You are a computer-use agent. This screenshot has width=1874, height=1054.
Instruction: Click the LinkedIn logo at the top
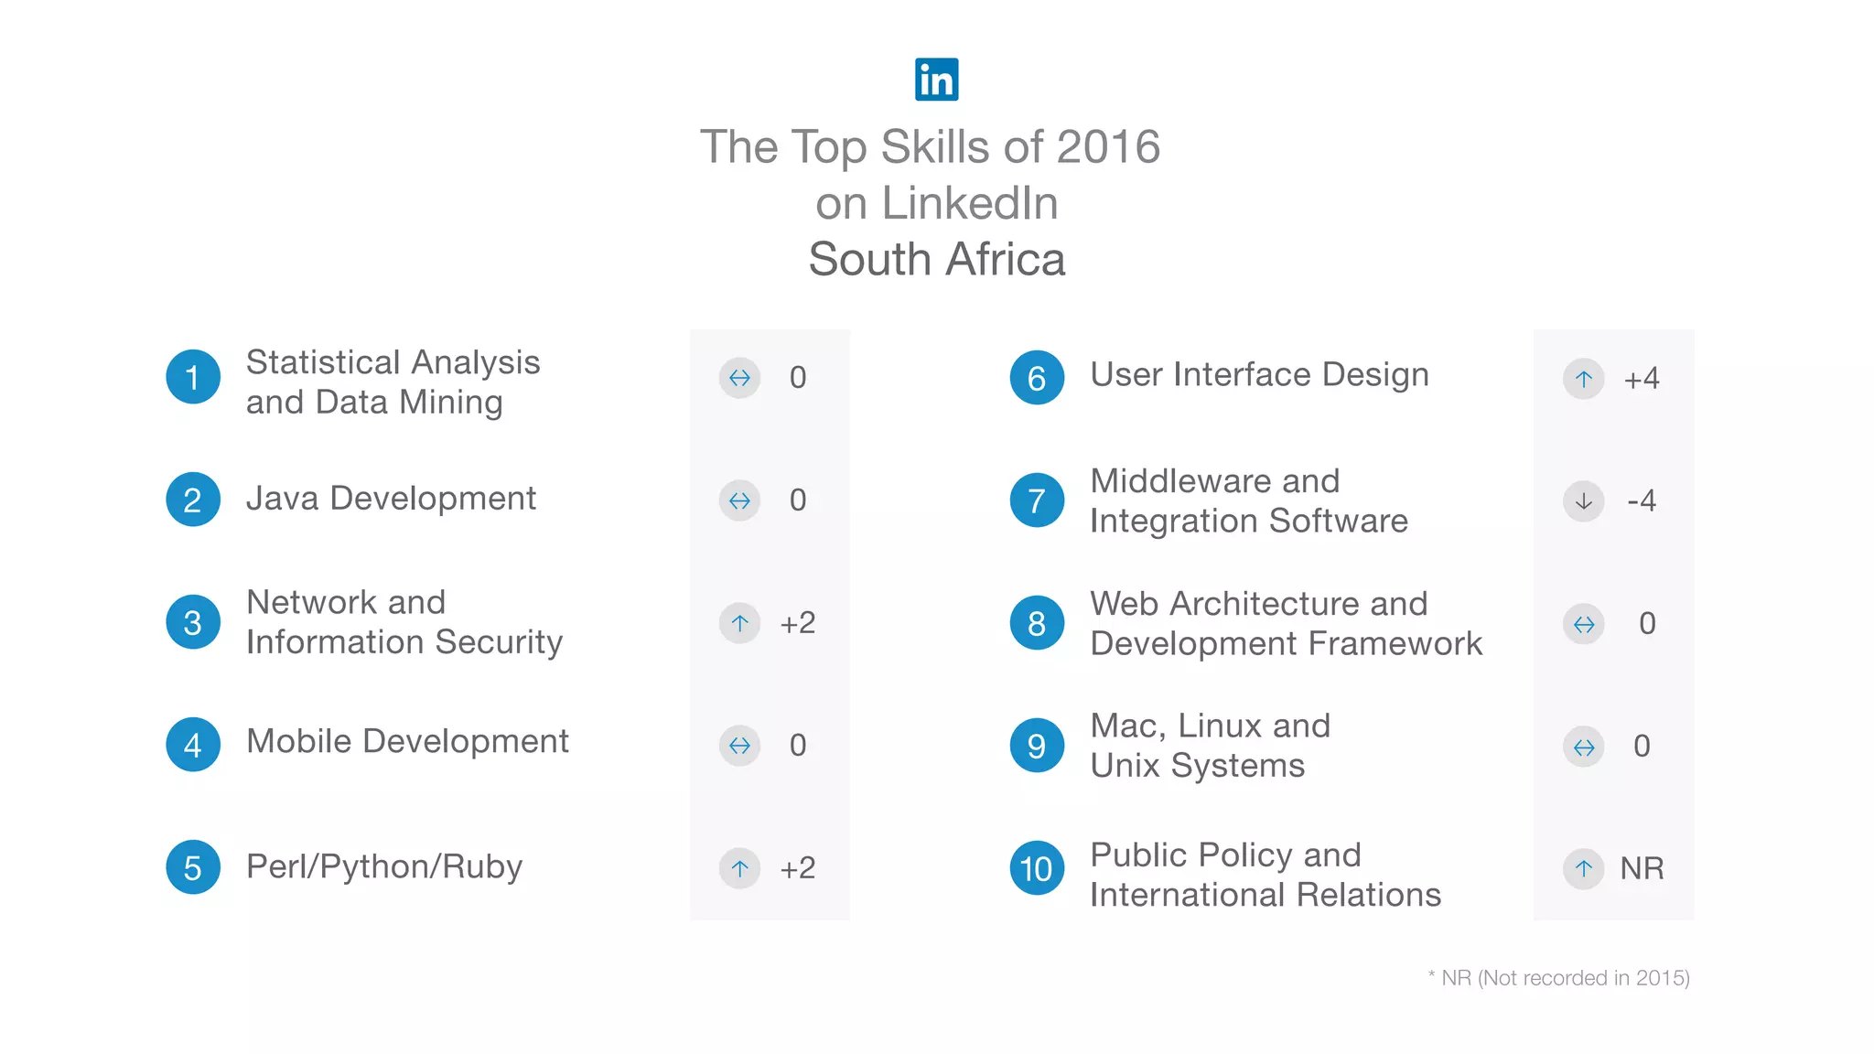[936, 80]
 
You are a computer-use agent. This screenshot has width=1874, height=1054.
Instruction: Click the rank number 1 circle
[193, 377]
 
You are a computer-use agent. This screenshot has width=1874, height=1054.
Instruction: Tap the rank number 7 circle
[1037, 500]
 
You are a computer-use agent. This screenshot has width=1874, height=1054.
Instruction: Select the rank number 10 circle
[1037, 868]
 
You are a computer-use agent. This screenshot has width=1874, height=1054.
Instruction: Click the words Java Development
[391, 499]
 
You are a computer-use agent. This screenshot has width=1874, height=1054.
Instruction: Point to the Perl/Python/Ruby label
[384, 866]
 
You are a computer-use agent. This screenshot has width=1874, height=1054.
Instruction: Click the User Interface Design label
[1259, 375]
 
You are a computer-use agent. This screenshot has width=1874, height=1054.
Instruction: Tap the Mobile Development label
[407, 741]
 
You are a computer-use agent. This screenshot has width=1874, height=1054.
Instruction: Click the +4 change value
[1642, 379]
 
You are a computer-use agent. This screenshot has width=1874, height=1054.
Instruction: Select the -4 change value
[1642, 500]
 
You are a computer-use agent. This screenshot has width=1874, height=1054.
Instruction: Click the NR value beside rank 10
[1642, 868]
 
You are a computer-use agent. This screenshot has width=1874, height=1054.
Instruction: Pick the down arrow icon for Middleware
[1584, 501]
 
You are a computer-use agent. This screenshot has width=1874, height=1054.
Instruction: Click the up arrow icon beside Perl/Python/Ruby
[739, 867]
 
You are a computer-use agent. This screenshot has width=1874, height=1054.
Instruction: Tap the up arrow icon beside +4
[1584, 379]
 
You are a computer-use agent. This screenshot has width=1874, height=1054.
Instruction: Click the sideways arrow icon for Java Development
[739, 500]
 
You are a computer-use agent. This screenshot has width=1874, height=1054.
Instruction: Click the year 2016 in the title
[1108, 147]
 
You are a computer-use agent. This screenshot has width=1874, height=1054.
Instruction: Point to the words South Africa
[937, 260]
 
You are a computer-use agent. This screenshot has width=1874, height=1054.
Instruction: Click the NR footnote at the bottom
[1558, 978]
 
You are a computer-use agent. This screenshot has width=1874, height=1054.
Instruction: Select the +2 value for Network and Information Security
[797, 623]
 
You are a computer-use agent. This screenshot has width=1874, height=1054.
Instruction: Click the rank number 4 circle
[193, 745]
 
